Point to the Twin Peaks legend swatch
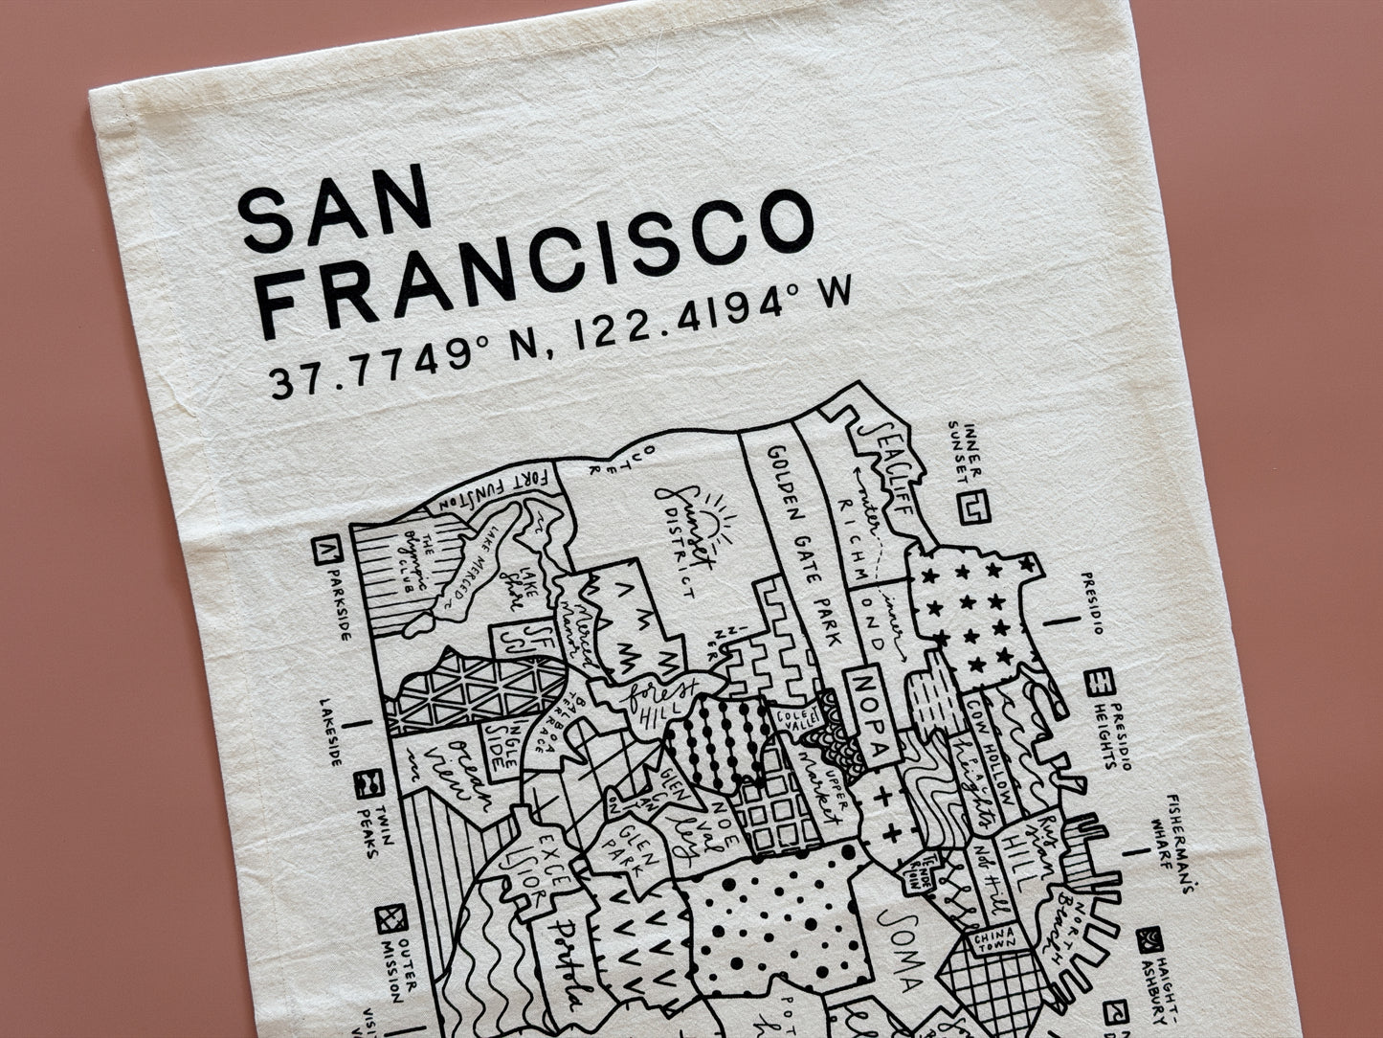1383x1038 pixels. [x=367, y=785]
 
